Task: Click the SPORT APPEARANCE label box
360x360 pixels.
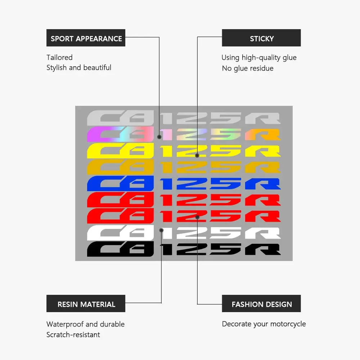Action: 86,38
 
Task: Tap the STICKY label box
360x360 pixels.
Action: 261,38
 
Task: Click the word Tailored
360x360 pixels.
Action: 59,58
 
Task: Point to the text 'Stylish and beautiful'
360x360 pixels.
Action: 79,68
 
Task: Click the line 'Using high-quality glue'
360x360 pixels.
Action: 259,58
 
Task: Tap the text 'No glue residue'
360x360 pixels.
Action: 248,68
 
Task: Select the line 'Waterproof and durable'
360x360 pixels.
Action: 85,324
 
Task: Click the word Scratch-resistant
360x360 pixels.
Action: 73,335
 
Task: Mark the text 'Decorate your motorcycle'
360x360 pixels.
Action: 264,324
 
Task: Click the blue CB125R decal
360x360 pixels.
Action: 184,184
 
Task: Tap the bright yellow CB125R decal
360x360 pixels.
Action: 184,151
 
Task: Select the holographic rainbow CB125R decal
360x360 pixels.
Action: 184,134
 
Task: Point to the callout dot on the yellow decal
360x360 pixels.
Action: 197,156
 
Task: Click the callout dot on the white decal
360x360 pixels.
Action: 161,230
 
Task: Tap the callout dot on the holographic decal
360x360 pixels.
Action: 159,137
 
